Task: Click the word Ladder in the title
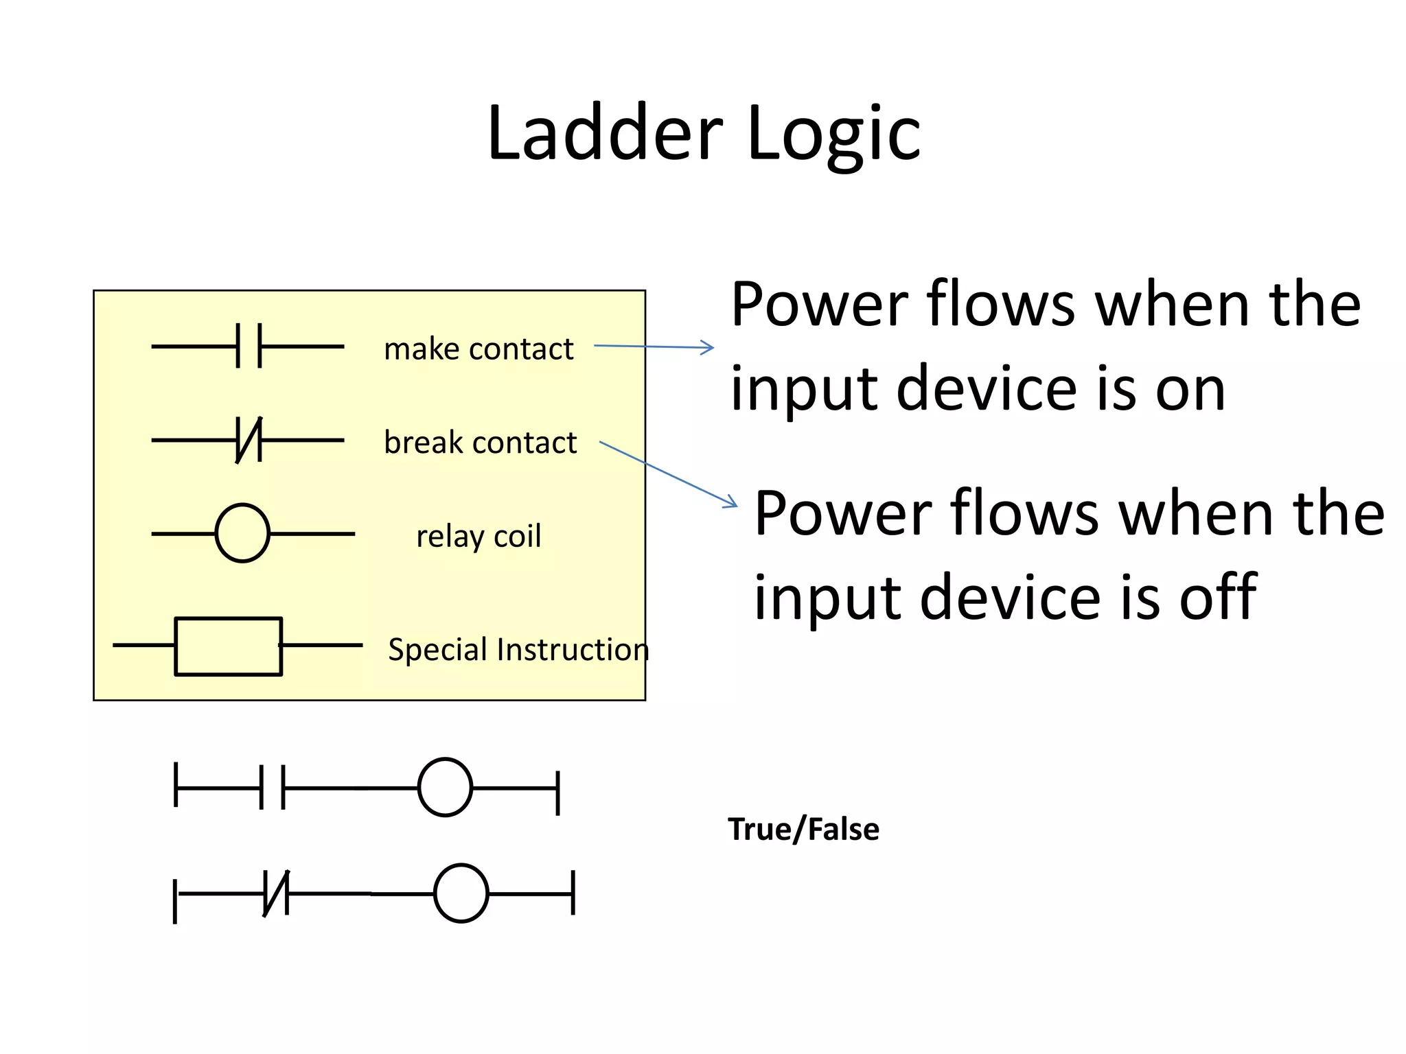coord(604,134)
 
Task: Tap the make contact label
coord(479,349)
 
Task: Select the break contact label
coord(480,443)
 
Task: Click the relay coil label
coord(479,536)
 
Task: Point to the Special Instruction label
coord(518,649)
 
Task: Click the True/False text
coord(803,829)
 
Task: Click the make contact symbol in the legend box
coord(249,347)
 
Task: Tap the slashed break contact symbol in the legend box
coord(249,440)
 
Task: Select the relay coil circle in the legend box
coord(242,533)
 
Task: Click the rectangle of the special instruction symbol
coord(228,646)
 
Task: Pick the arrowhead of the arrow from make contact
coord(708,348)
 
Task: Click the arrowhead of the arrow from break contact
coord(731,503)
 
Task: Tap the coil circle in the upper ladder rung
coord(445,787)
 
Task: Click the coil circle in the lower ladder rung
coord(461,893)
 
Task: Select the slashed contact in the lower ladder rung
coord(276,893)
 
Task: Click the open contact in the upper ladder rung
coord(272,787)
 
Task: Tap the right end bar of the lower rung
coord(573,893)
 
